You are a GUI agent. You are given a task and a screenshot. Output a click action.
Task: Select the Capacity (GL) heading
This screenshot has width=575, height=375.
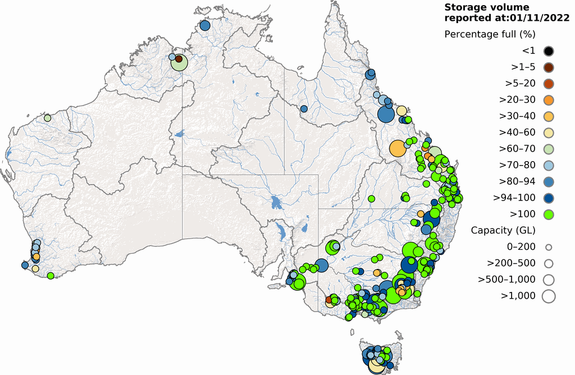[503, 230]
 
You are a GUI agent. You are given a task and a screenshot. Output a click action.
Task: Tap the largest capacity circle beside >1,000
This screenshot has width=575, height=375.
[549, 296]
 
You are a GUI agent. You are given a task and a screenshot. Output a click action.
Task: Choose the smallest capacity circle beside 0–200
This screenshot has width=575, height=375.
[549, 247]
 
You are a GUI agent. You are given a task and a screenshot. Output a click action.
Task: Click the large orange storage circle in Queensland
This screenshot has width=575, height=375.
[398, 148]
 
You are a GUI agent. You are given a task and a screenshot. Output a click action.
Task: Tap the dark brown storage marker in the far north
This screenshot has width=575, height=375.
[179, 58]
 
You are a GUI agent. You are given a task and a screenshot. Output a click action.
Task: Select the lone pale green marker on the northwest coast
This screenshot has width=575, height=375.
[48, 118]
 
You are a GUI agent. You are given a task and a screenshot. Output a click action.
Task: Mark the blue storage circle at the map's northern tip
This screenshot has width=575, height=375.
[205, 25]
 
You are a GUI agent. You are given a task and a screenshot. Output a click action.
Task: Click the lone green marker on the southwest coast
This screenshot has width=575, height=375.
[51, 276]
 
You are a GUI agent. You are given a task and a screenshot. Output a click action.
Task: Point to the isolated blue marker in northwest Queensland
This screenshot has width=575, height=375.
[304, 108]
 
